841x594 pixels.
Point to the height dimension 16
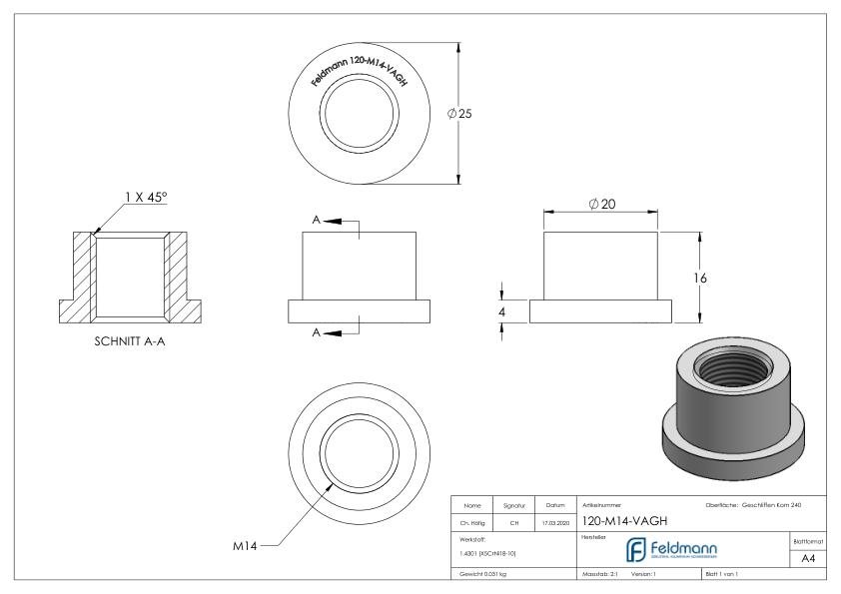tap(700, 278)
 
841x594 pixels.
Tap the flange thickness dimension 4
tap(501, 311)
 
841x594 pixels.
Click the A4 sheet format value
tap(810, 560)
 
